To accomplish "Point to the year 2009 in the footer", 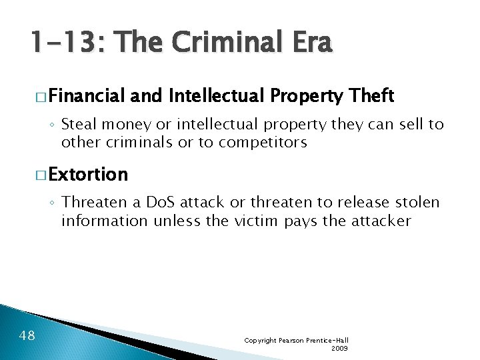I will click(339, 348).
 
